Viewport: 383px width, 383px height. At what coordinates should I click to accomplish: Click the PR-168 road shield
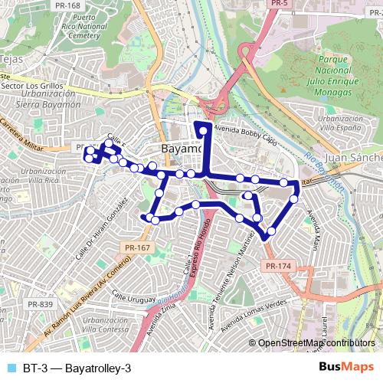click(x=68, y=5)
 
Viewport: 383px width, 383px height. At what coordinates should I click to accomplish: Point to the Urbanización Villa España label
click(x=342, y=124)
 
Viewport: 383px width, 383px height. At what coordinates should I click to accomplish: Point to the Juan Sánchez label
click(x=353, y=157)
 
